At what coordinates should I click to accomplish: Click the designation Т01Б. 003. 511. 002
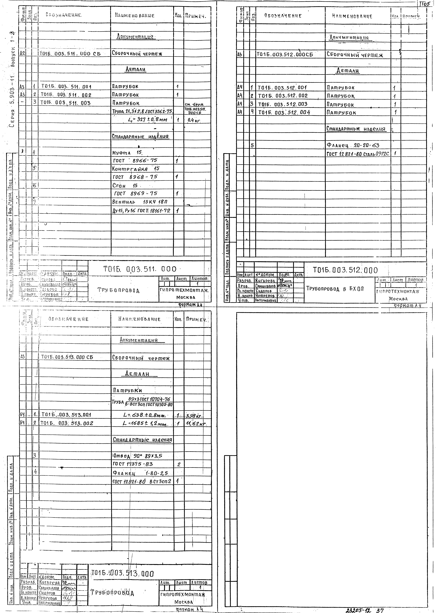point(66,95)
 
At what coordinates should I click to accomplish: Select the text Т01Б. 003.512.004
point(284,113)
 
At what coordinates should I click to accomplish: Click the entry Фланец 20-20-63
point(353,146)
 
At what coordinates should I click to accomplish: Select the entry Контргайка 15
point(136,169)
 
